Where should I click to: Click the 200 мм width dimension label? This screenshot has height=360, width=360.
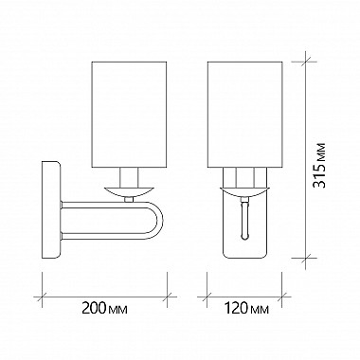coord(104,308)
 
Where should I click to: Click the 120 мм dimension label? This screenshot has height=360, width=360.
coord(246,308)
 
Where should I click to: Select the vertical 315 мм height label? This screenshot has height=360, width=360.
coord(318,166)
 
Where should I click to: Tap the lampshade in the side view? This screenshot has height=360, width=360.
coord(129,114)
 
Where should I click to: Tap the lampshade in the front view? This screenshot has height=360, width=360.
coord(244,114)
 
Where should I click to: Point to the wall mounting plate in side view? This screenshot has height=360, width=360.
coord(51,210)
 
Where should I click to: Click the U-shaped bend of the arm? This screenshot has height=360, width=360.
coord(156,220)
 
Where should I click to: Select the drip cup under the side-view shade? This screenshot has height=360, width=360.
coord(129,191)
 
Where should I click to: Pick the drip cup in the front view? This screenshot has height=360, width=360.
coord(244,191)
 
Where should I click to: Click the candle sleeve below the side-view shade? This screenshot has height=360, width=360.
coord(129,177)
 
